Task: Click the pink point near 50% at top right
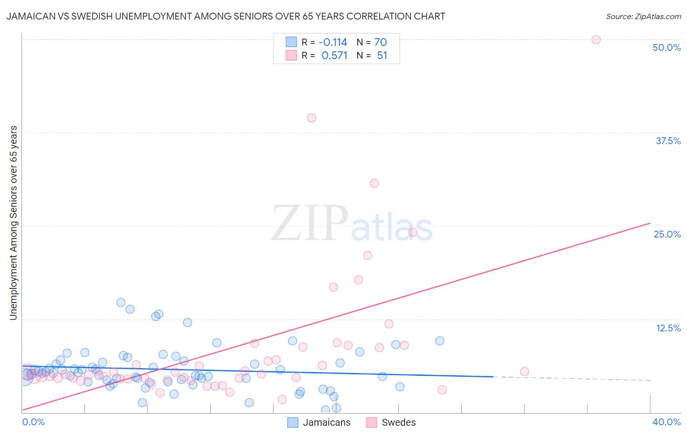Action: pyautogui.click(x=596, y=40)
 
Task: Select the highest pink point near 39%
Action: pyautogui.click(x=311, y=118)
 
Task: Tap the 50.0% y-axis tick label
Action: pyautogui.click(x=666, y=47)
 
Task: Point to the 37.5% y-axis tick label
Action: pyautogui.click(x=668, y=141)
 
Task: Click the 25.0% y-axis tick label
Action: pyautogui.click(x=667, y=234)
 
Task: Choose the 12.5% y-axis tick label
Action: pyautogui.click(x=668, y=328)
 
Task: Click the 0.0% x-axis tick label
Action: pyautogui.click(x=33, y=422)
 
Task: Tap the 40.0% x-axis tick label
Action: pyautogui.click(x=666, y=422)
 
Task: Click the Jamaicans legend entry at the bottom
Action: pyautogui.click(x=326, y=422)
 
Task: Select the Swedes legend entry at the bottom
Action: pyautogui.click(x=398, y=422)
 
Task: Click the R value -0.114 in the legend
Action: pyautogui.click(x=333, y=42)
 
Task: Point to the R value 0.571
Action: pyautogui.click(x=334, y=55)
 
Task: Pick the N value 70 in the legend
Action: pyautogui.click(x=381, y=42)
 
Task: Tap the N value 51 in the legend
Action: pyautogui.click(x=382, y=55)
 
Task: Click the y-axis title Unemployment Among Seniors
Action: pyautogui.click(x=13, y=223)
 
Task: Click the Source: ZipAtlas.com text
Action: pyautogui.click(x=643, y=16)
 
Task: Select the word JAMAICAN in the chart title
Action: pyautogui.click(x=29, y=16)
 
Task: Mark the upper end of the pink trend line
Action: pyautogui.click(x=650, y=223)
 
